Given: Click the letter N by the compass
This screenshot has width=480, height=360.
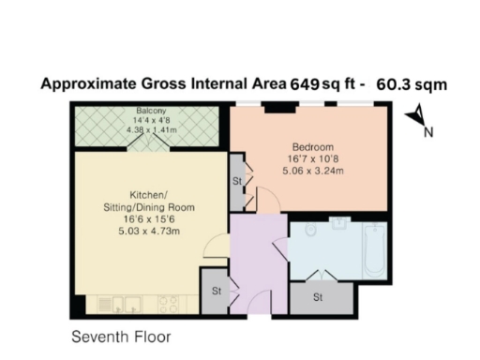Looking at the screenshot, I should pos(428,131).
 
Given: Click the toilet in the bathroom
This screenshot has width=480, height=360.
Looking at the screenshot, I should pos(309,231).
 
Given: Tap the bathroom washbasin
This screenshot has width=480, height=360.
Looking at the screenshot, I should pos(340,224).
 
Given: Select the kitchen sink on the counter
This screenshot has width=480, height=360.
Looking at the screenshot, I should pos(127,306).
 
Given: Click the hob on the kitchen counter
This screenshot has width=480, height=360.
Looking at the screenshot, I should pos(170,305).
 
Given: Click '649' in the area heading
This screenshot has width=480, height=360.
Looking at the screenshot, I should pos(307,84).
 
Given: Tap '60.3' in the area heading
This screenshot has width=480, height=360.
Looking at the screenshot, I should pos(394,84).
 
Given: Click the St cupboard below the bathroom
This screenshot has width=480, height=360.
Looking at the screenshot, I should pos(318,298).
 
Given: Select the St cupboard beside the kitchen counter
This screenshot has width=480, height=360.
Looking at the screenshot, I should pos(215,291).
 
